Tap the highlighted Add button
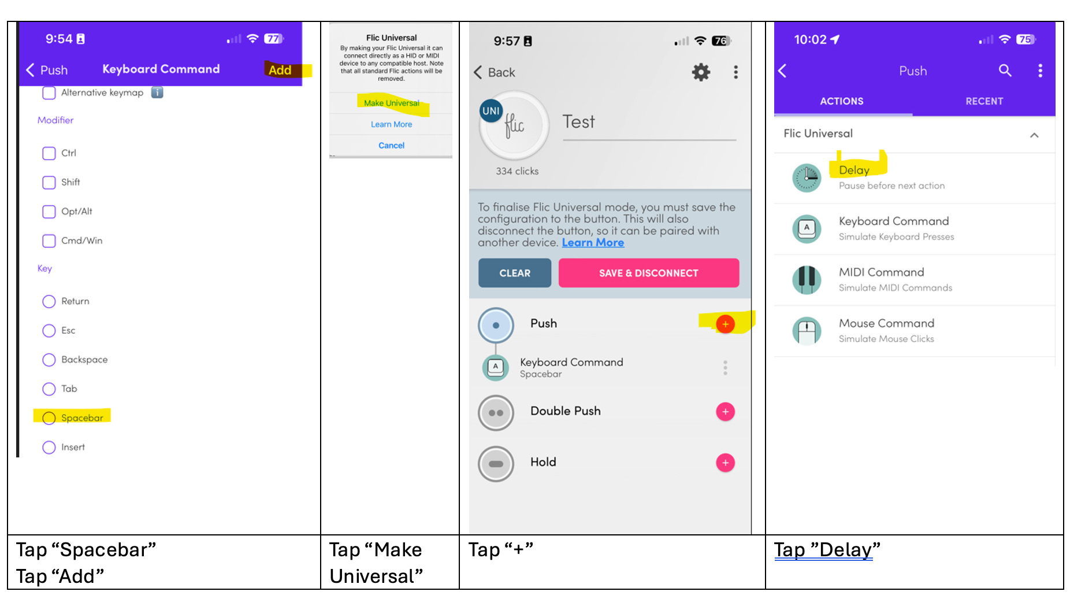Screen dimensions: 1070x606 [280, 70]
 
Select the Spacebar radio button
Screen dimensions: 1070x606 [49, 418]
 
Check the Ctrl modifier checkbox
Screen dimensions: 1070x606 [49, 153]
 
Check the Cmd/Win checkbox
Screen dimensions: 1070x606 [49, 241]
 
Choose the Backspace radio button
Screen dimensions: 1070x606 [49, 360]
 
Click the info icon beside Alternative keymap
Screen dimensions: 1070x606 [157, 93]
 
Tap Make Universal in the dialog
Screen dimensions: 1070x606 [392, 103]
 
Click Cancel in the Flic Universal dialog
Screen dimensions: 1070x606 [391, 145]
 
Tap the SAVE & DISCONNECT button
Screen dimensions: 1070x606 [649, 273]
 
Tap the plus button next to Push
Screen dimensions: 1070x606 [725, 324]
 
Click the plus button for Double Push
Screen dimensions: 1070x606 [725, 412]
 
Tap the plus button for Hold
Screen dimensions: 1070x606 [725, 463]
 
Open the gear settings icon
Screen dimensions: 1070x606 [701, 72]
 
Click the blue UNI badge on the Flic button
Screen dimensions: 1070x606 [491, 111]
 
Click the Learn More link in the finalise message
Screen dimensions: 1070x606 [593, 243]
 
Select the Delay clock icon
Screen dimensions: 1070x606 [807, 178]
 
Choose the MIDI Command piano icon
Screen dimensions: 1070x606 [807, 280]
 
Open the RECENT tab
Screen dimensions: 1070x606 [984, 101]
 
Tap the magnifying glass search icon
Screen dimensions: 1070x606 [1005, 71]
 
